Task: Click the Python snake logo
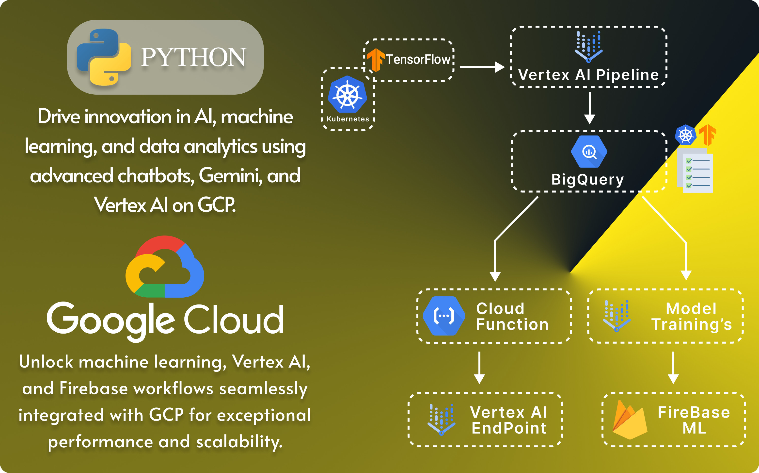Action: click(x=104, y=57)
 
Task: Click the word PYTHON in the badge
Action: click(x=194, y=57)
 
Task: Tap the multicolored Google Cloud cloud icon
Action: click(x=165, y=266)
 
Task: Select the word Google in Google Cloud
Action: click(x=111, y=321)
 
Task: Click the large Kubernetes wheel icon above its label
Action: click(x=347, y=94)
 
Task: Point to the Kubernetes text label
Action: click(x=348, y=119)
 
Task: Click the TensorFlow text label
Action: click(x=418, y=59)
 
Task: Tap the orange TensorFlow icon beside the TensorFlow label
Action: click(x=376, y=60)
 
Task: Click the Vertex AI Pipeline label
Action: click(x=589, y=75)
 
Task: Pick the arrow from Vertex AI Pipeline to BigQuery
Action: click(x=590, y=108)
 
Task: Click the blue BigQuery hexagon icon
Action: click(x=589, y=152)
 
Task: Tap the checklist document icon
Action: click(x=695, y=170)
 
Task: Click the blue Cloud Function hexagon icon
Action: click(x=444, y=316)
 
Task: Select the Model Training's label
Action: click(x=692, y=317)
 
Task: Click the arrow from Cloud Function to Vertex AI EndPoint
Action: click(x=479, y=368)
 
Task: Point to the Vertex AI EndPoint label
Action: click(x=509, y=420)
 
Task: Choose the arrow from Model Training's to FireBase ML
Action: click(x=673, y=368)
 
